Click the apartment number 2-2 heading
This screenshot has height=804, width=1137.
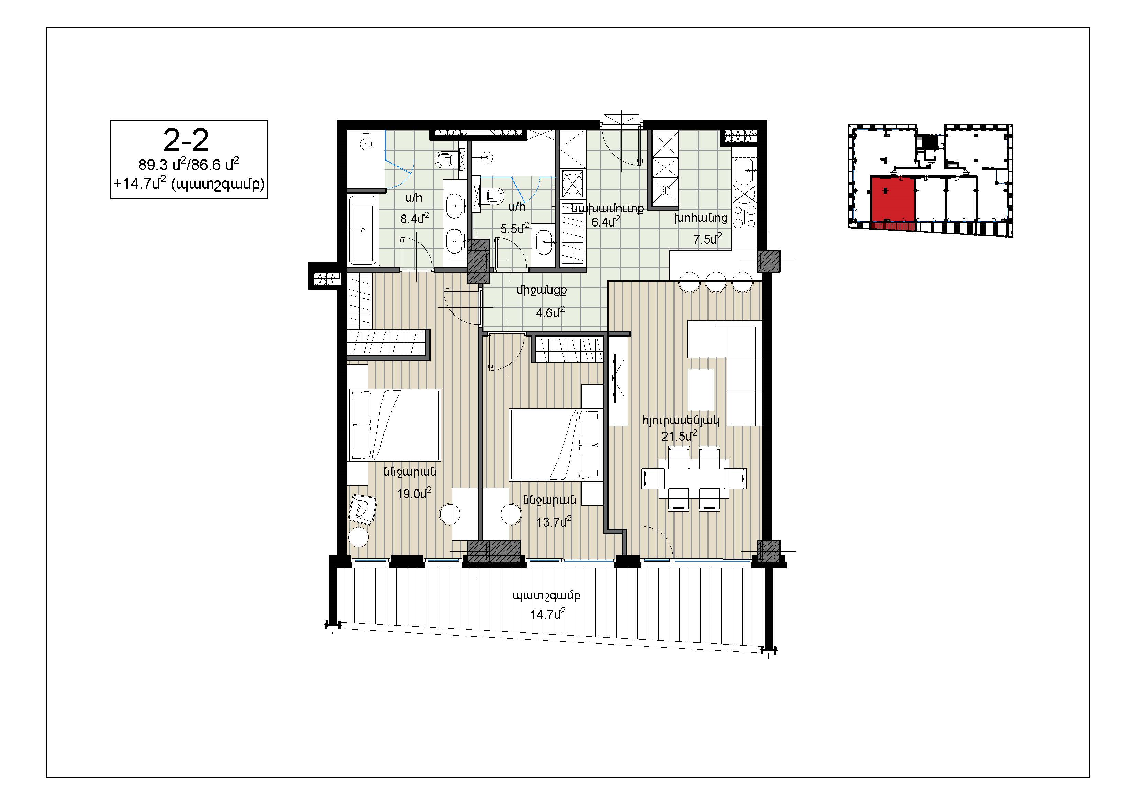pyautogui.click(x=186, y=141)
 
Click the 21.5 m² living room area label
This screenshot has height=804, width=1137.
pyautogui.click(x=679, y=436)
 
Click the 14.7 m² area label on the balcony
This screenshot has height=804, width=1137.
pyautogui.click(x=548, y=614)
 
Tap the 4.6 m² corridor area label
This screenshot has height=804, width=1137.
pyautogui.click(x=550, y=312)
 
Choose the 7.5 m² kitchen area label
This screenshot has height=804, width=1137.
pyautogui.click(x=707, y=239)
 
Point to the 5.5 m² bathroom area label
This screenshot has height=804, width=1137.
pyautogui.click(x=514, y=229)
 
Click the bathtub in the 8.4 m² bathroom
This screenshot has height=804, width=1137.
pyautogui.click(x=363, y=230)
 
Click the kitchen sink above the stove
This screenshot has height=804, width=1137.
pyautogui.click(x=744, y=171)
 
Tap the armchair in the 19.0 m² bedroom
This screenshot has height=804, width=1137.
pyautogui.click(x=363, y=509)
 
